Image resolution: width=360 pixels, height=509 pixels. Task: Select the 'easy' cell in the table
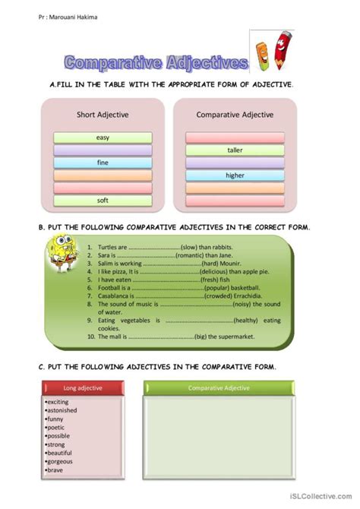(x=103, y=138)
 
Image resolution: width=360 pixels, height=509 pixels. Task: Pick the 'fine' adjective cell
(x=103, y=163)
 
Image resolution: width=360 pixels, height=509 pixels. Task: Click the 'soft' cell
(x=103, y=200)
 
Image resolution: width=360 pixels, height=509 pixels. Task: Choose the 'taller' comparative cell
(x=235, y=150)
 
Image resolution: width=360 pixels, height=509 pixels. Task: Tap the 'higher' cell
(x=235, y=175)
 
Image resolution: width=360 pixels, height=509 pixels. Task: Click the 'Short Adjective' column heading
(x=103, y=115)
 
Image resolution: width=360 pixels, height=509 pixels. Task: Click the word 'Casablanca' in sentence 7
(x=114, y=296)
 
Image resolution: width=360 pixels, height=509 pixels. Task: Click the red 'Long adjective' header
(x=82, y=387)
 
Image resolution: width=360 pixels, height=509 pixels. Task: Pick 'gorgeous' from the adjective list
(x=60, y=460)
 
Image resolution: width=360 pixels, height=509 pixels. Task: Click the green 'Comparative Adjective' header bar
(x=219, y=387)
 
